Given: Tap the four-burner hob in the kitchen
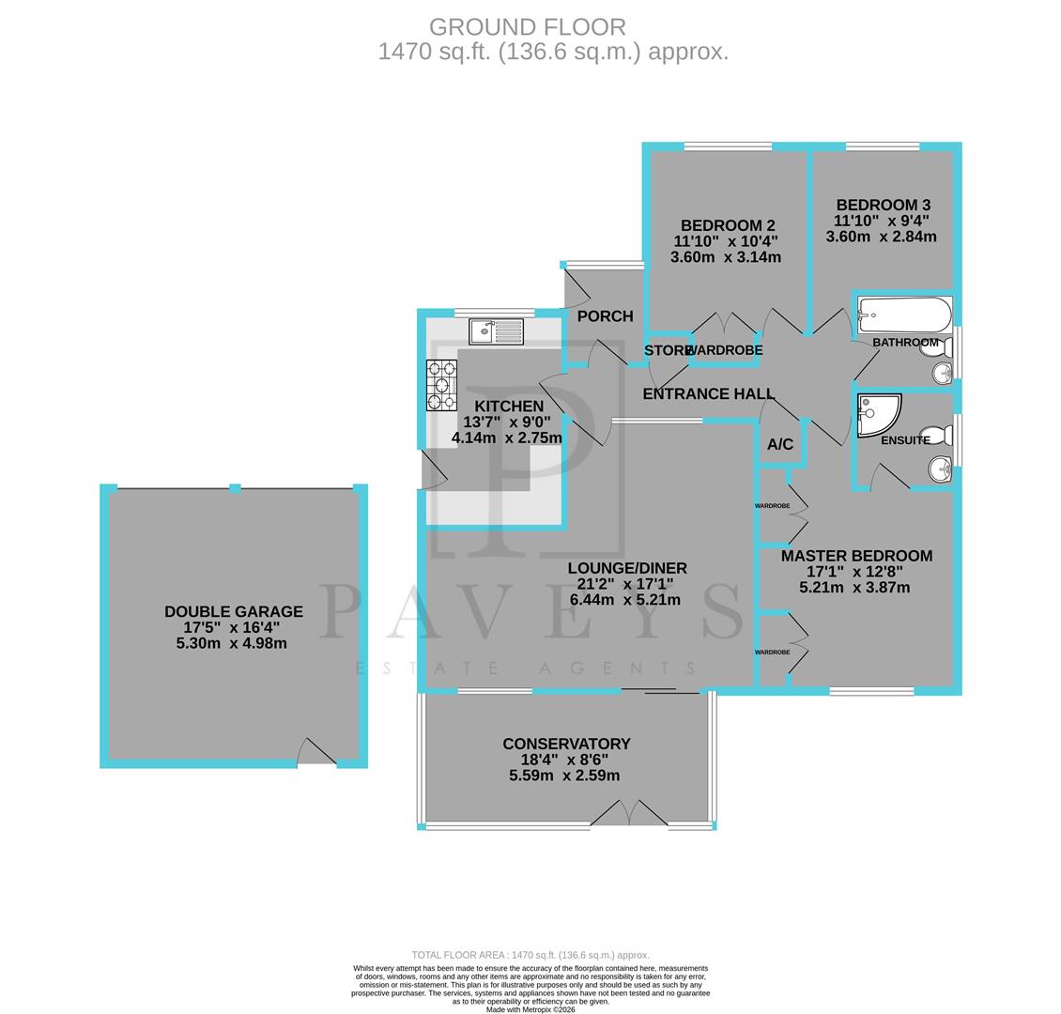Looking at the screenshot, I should point(441,385).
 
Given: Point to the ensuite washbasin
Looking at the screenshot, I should point(940,468).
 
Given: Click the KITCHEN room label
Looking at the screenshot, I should point(508,407).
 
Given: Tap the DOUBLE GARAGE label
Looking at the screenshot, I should point(234,611).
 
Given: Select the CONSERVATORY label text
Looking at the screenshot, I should point(566,744).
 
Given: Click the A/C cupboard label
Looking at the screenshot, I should point(780,444).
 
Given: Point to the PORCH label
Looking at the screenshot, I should point(605,316).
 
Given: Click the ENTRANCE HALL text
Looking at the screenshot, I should point(708,394).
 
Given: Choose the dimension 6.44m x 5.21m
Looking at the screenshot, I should point(625,600).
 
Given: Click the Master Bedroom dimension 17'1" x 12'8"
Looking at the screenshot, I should point(854,572).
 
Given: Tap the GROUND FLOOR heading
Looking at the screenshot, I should point(527,27).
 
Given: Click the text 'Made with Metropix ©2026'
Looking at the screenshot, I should point(530,1009).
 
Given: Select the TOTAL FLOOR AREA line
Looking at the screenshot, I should point(530,955).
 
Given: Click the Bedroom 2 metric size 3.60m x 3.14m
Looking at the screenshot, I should point(726,257).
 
